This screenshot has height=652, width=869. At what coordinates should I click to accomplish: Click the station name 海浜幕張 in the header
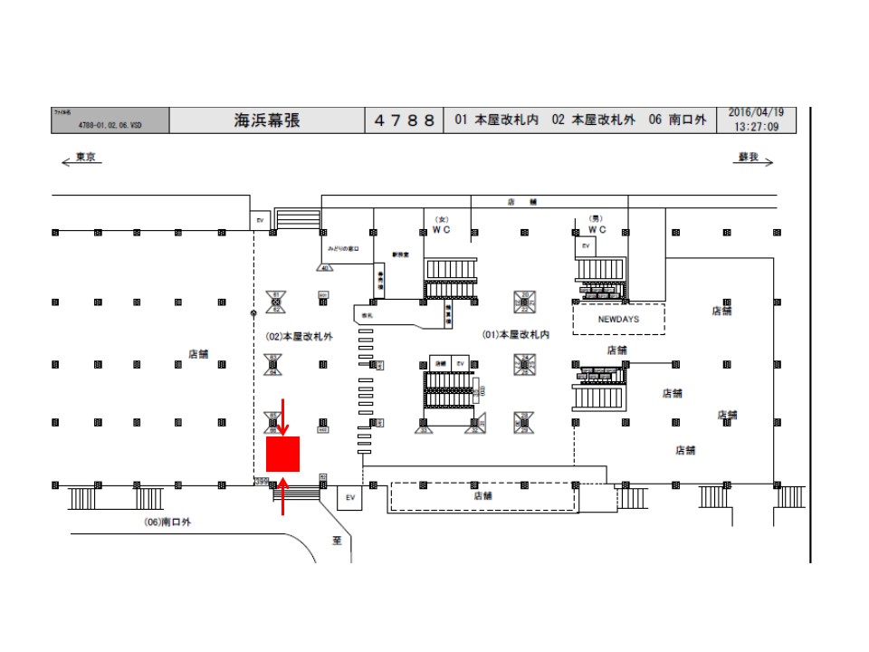tap(267, 120)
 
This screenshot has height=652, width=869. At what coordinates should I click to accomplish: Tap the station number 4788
tap(405, 120)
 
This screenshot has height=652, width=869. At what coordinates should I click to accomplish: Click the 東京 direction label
tap(85, 158)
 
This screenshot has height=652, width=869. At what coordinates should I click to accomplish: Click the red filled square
tap(282, 454)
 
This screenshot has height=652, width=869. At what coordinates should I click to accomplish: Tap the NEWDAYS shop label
tap(619, 319)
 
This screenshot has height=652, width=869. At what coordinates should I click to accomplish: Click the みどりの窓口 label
tap(344, 247)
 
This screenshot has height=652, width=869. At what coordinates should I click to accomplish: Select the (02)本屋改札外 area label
tap(300, 335)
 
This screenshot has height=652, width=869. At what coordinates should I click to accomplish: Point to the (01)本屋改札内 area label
tap(516, 334)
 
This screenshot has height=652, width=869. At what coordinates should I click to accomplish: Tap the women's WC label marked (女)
tap(442, 229)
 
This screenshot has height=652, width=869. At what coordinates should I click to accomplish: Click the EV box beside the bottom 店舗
tap(350, 497)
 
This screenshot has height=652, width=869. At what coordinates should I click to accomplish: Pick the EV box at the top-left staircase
tap(260, 219)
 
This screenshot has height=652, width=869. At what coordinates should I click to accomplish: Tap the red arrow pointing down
tap(282, 417)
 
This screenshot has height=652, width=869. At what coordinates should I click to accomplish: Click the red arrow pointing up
tap(284, 496)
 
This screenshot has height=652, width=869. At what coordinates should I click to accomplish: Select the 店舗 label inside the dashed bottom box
tap(482, 496)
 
